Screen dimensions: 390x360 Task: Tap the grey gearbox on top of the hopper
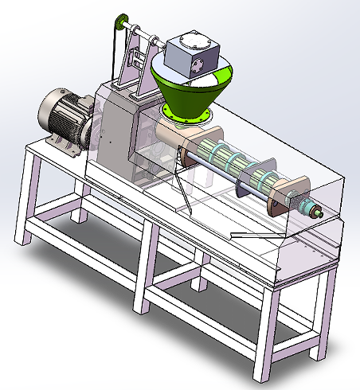194,56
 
